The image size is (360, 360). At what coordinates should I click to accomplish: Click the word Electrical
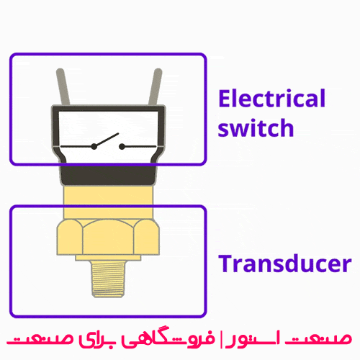pos(271,98)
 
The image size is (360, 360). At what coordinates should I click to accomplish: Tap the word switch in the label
pos(256,127)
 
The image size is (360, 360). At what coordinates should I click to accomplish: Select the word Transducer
pos(285,264)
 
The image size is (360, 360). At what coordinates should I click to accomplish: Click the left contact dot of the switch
pos(94,146)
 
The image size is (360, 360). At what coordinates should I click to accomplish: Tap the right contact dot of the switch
pos(122,146)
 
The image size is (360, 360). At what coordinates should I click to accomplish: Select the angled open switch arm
pos(107,140)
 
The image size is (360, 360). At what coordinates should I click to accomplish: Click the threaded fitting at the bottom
pos(108,279)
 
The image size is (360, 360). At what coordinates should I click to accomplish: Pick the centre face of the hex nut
pos(108,237)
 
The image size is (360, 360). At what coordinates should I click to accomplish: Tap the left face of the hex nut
pos(70,237)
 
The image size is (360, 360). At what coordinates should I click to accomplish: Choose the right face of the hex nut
pos(147,237)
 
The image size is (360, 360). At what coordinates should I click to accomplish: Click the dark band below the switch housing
pos(108,175)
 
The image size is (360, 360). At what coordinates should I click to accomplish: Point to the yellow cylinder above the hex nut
pos(108,202)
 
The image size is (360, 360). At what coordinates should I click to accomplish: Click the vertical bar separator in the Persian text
pos(222,339)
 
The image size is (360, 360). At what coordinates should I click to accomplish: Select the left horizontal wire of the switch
pos(77,146)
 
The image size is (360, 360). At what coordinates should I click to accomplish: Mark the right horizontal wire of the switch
pos(139,146)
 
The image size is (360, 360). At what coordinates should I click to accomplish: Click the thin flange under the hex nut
pos(108,258)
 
